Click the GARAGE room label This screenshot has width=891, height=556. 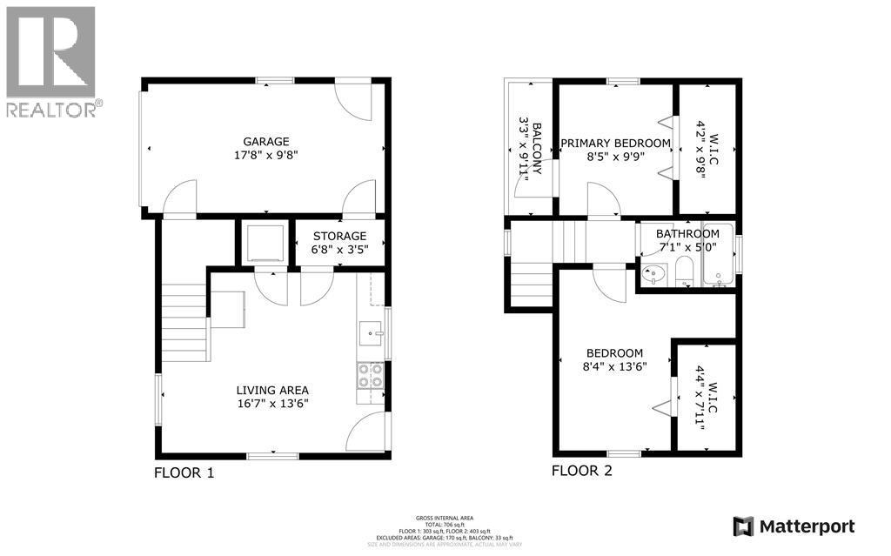(x=266, y=142)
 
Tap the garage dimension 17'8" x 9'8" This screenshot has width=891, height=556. (x=266, y=157)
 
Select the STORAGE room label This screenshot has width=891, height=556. (x=339, y=236)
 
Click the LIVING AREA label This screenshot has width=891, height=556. (x=272, y=390)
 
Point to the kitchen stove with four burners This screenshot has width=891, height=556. (x=370, y=375)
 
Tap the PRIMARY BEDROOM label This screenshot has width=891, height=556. (x=615, y=143)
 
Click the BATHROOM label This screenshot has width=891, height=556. (x=687, y=233)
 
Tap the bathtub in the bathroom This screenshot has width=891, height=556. (x=717, y=266)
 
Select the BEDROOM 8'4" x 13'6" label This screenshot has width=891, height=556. (x=614, y=359)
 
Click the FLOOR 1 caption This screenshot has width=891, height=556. (x=184, y=473)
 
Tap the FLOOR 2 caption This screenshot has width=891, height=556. (x=582, y=471)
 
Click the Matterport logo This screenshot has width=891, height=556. (x=794, y=526)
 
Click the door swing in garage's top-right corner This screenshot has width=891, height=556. (x=356, y=101)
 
